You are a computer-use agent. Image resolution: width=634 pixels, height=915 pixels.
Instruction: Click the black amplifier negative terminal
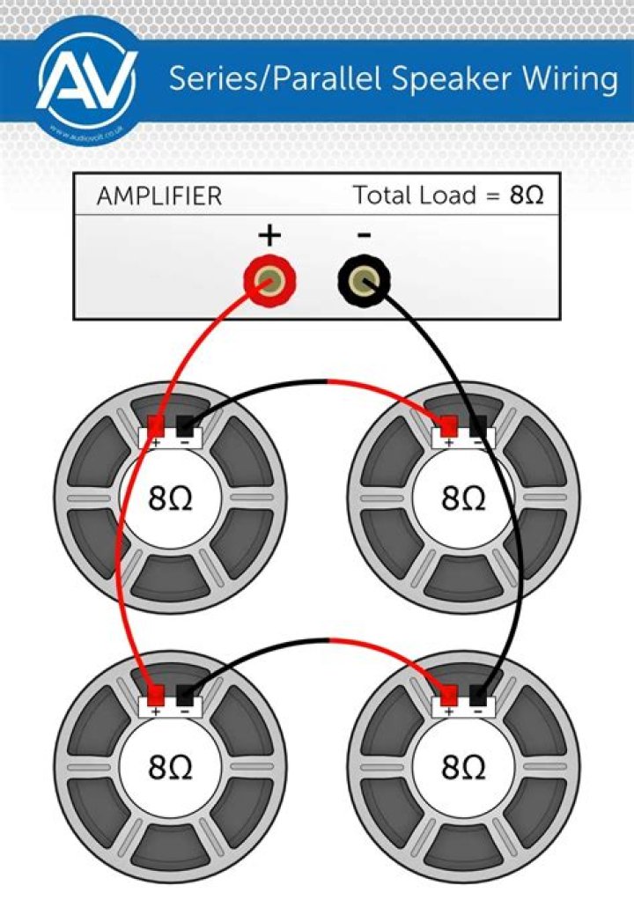364,283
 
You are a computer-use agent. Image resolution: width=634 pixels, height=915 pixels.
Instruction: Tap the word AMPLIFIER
159,196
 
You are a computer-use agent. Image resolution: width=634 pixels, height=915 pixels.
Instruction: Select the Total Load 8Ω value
527,196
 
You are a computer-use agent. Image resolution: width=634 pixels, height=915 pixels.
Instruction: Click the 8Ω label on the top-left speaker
170,499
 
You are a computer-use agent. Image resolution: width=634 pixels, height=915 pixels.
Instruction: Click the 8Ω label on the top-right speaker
463,499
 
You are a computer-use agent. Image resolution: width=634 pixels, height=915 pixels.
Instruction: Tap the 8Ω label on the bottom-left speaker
170,768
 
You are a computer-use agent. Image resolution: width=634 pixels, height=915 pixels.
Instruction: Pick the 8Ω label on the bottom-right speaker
463,768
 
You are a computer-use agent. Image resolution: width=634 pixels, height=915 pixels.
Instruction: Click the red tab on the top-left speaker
157,426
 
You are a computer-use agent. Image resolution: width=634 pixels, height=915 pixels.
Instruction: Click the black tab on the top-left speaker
185,426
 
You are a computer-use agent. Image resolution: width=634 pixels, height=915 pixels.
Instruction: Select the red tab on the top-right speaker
448,426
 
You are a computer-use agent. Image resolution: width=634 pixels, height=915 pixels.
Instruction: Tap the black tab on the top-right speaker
477,426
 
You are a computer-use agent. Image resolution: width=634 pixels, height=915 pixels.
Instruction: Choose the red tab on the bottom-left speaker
157,694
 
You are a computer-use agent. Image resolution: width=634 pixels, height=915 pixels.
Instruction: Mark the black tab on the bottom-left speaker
185,694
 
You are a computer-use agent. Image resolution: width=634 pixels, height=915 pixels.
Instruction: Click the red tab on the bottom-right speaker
448,694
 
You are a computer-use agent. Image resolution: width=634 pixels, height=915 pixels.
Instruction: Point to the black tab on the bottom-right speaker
478,694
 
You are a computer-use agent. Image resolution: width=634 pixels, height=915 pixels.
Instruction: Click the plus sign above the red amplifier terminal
269,235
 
